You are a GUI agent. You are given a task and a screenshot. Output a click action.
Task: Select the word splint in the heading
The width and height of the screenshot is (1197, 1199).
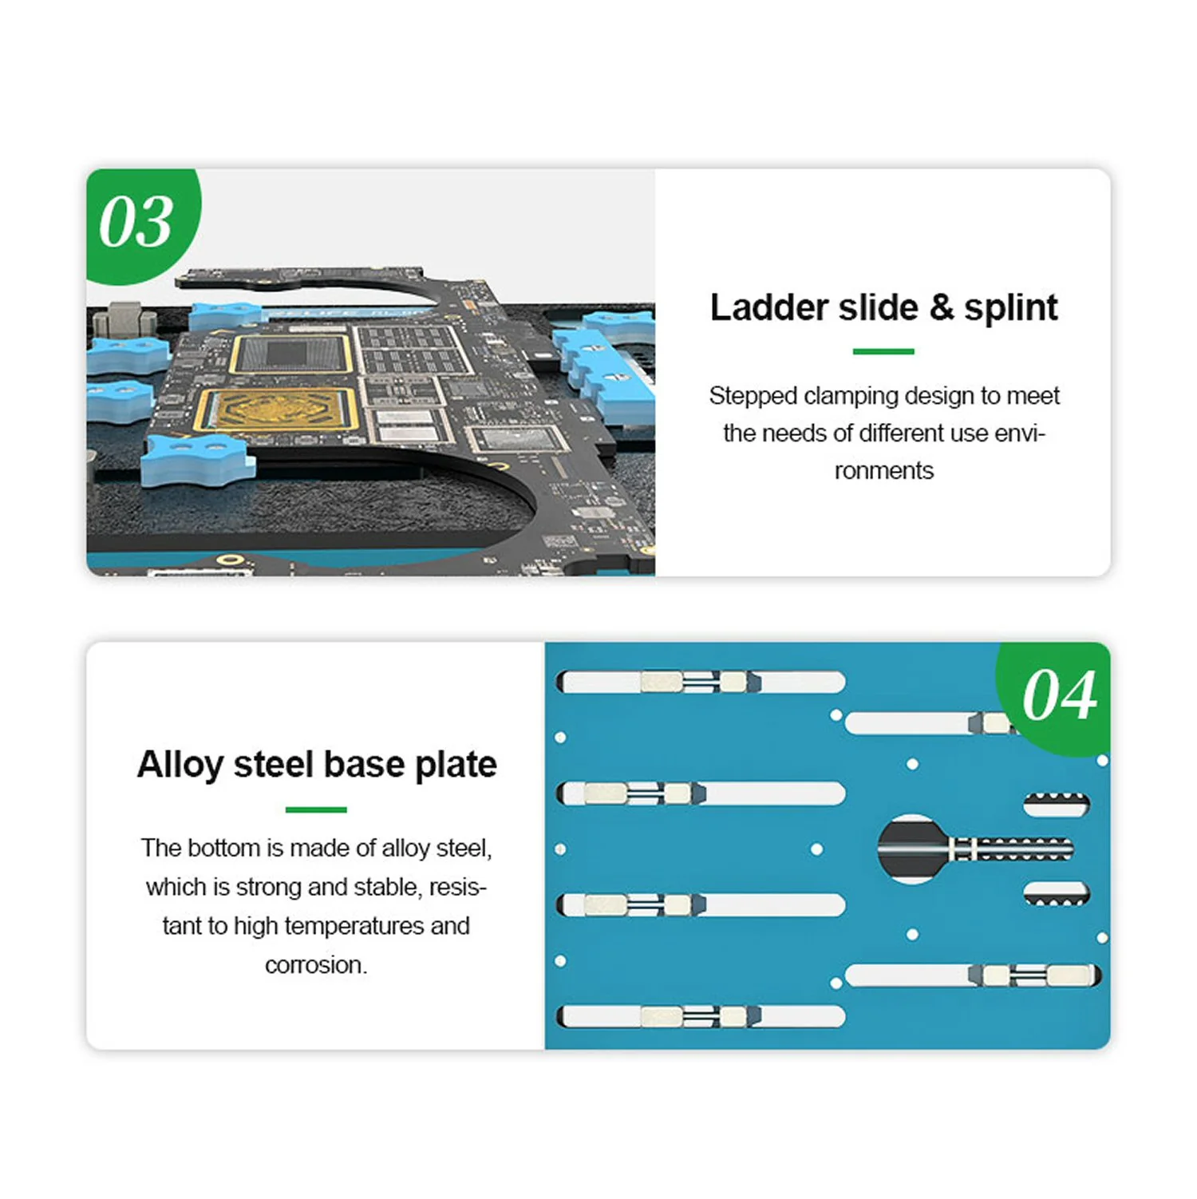coord(1010,309)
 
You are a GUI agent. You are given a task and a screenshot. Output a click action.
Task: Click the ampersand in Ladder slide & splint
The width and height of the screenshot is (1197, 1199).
coord(942,308)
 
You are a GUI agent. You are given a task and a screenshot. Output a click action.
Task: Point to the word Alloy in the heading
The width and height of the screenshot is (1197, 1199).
coord(180,766)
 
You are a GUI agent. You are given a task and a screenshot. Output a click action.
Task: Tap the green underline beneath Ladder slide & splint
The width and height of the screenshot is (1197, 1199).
coord(883,351)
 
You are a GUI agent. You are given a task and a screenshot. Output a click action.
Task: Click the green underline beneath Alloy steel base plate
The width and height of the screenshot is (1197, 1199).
coord(316,809)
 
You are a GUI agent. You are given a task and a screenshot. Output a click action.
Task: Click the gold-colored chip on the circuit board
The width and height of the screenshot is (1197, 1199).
coord(276,410)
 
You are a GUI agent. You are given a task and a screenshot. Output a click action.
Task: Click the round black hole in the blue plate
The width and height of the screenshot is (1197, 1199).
coord(911,849)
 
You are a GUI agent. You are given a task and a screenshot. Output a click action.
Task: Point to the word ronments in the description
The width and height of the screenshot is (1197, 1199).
coord(883,471)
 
